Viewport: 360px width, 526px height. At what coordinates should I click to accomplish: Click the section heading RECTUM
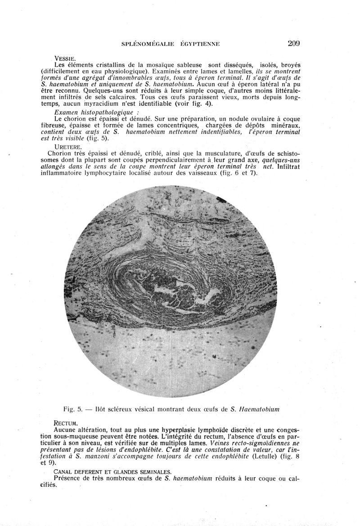66,423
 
